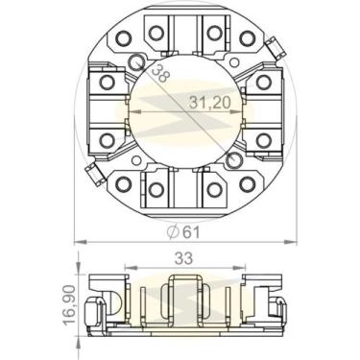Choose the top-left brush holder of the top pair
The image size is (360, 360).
tap(155, 34)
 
